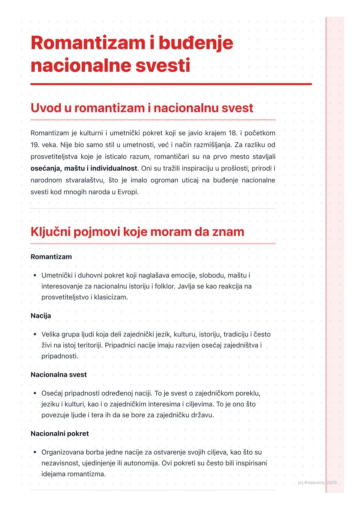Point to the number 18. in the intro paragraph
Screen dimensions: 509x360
pos(233,133)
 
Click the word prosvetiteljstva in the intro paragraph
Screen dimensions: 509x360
pos(54,157)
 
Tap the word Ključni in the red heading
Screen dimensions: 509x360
pos(50,232)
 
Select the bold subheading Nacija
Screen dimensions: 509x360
pos(41,315)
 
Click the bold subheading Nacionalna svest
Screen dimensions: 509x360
pos(59,374)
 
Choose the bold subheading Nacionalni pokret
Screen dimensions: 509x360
pos(60,433)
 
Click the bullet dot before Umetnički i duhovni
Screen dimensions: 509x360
pos(35,275)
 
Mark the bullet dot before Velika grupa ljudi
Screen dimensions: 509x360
pos(35,334)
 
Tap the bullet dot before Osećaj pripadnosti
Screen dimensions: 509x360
pos(35,393)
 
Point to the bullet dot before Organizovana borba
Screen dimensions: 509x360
pos(35,452)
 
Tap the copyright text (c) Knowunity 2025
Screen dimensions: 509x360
pos(317,482)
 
